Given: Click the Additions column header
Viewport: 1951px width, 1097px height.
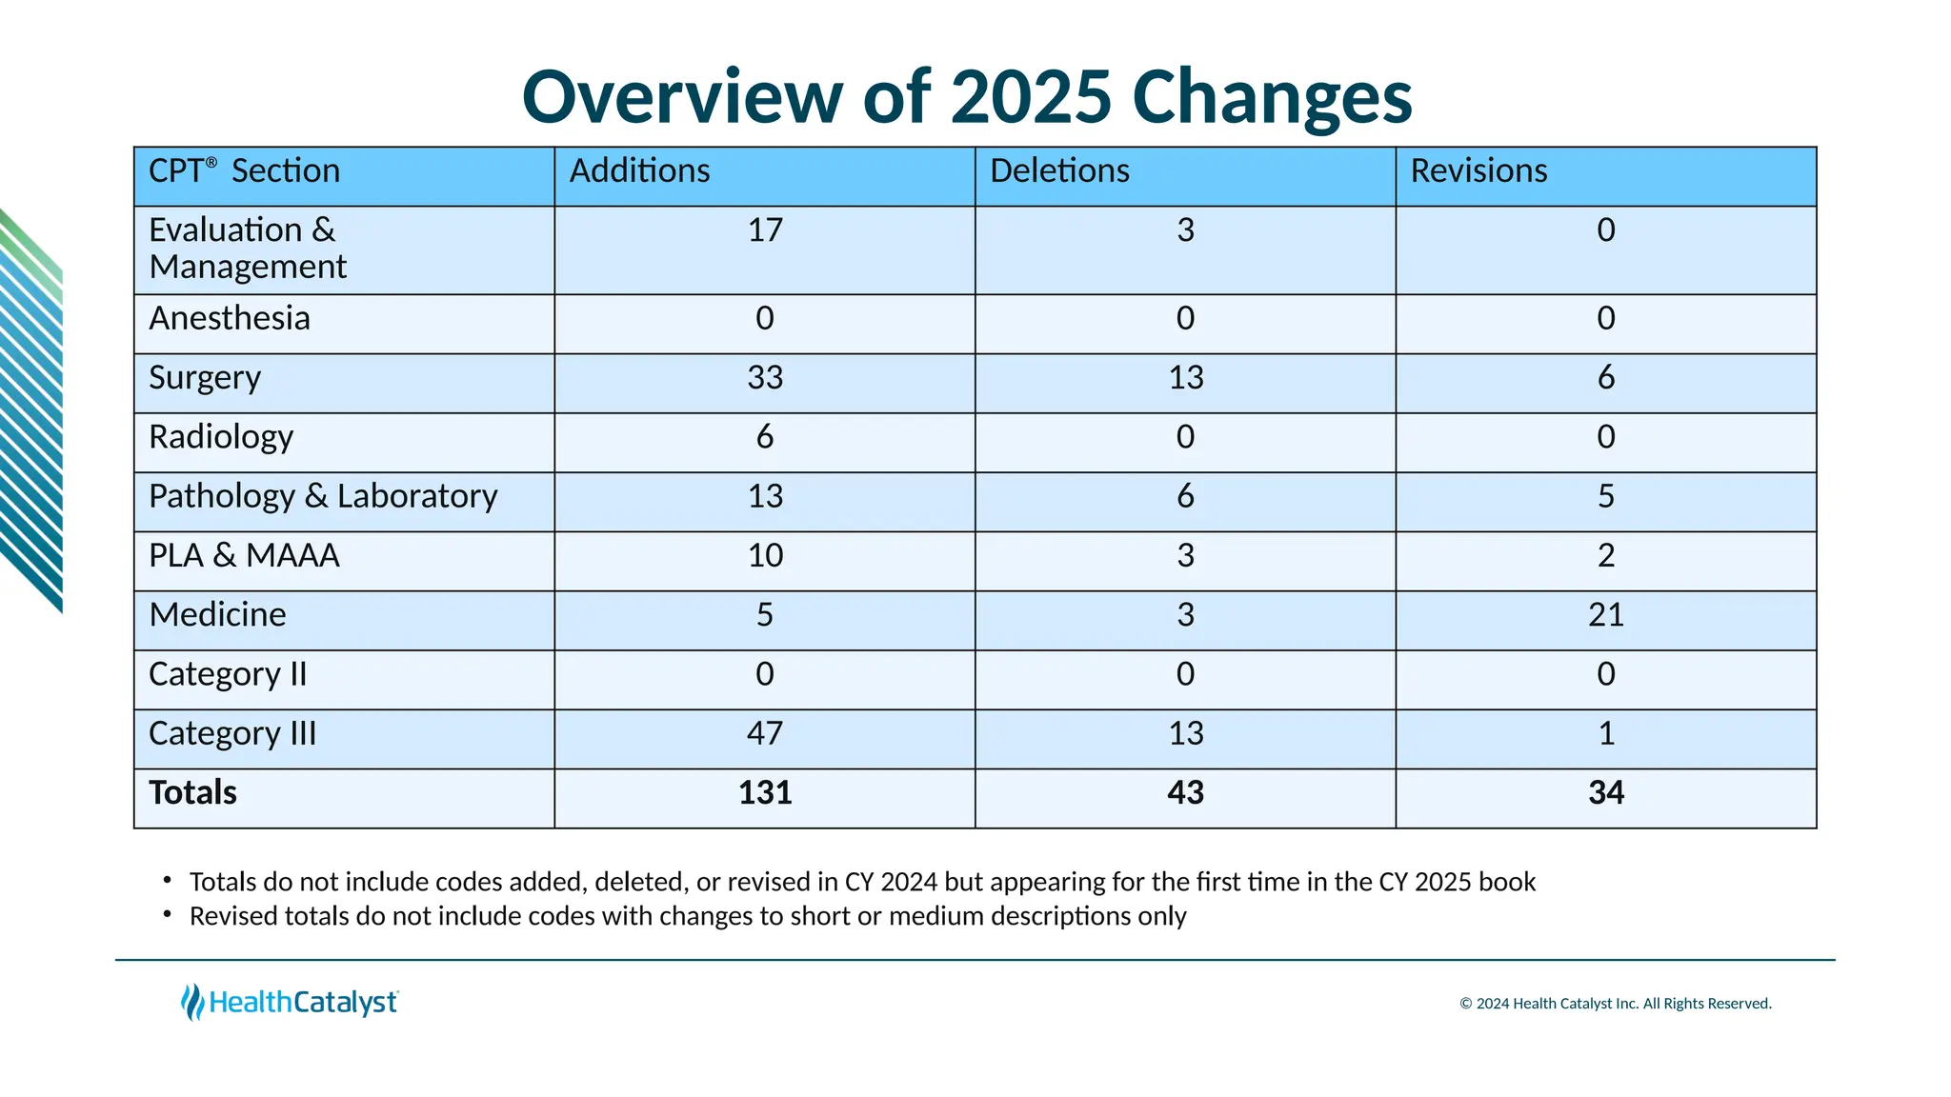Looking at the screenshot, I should click(x=640, y=171).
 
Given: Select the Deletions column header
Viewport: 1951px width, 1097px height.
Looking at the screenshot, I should click(x=1059, y=171).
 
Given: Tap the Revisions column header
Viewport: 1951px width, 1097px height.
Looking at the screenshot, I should click(x=1478, y=171).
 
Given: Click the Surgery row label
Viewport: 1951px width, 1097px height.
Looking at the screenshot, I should click(x=205, y=378).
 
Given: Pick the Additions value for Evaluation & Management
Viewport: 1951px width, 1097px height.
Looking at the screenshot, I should click(x=765, y=230).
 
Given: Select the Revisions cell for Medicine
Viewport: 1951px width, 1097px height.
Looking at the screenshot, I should click(x=1605, y=615).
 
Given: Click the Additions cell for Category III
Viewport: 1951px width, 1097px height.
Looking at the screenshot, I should click(x=765, y=733).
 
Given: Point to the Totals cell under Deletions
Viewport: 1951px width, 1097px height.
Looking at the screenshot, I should click(x=1185, y=793).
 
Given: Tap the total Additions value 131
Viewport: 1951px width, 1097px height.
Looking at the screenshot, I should click(x=765, y=793).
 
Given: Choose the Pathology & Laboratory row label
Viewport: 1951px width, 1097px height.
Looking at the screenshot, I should click(x=323, y=497).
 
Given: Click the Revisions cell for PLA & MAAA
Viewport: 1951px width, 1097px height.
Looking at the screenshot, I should click(x=1605, y=556).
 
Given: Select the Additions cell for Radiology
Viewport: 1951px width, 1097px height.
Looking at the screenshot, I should click(x=765, y=437).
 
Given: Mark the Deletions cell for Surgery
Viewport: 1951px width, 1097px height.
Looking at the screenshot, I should click(x=1185, y=378).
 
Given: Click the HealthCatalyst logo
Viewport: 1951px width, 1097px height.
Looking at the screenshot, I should click(x=291, y=1002).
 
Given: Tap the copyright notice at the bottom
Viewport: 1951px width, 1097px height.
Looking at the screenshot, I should click(x=1615, y=1004).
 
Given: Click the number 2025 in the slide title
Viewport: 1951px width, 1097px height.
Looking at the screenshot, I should click(x=1031, y=97).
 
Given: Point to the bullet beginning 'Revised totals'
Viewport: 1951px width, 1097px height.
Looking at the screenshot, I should click(x=687, y=916).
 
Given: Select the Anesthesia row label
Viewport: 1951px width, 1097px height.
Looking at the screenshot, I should click(x=230, y=319).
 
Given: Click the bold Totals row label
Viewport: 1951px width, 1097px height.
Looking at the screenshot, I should click(x=192, y=793).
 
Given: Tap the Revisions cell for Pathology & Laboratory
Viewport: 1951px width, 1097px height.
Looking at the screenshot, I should click(x=1605, y=497).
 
